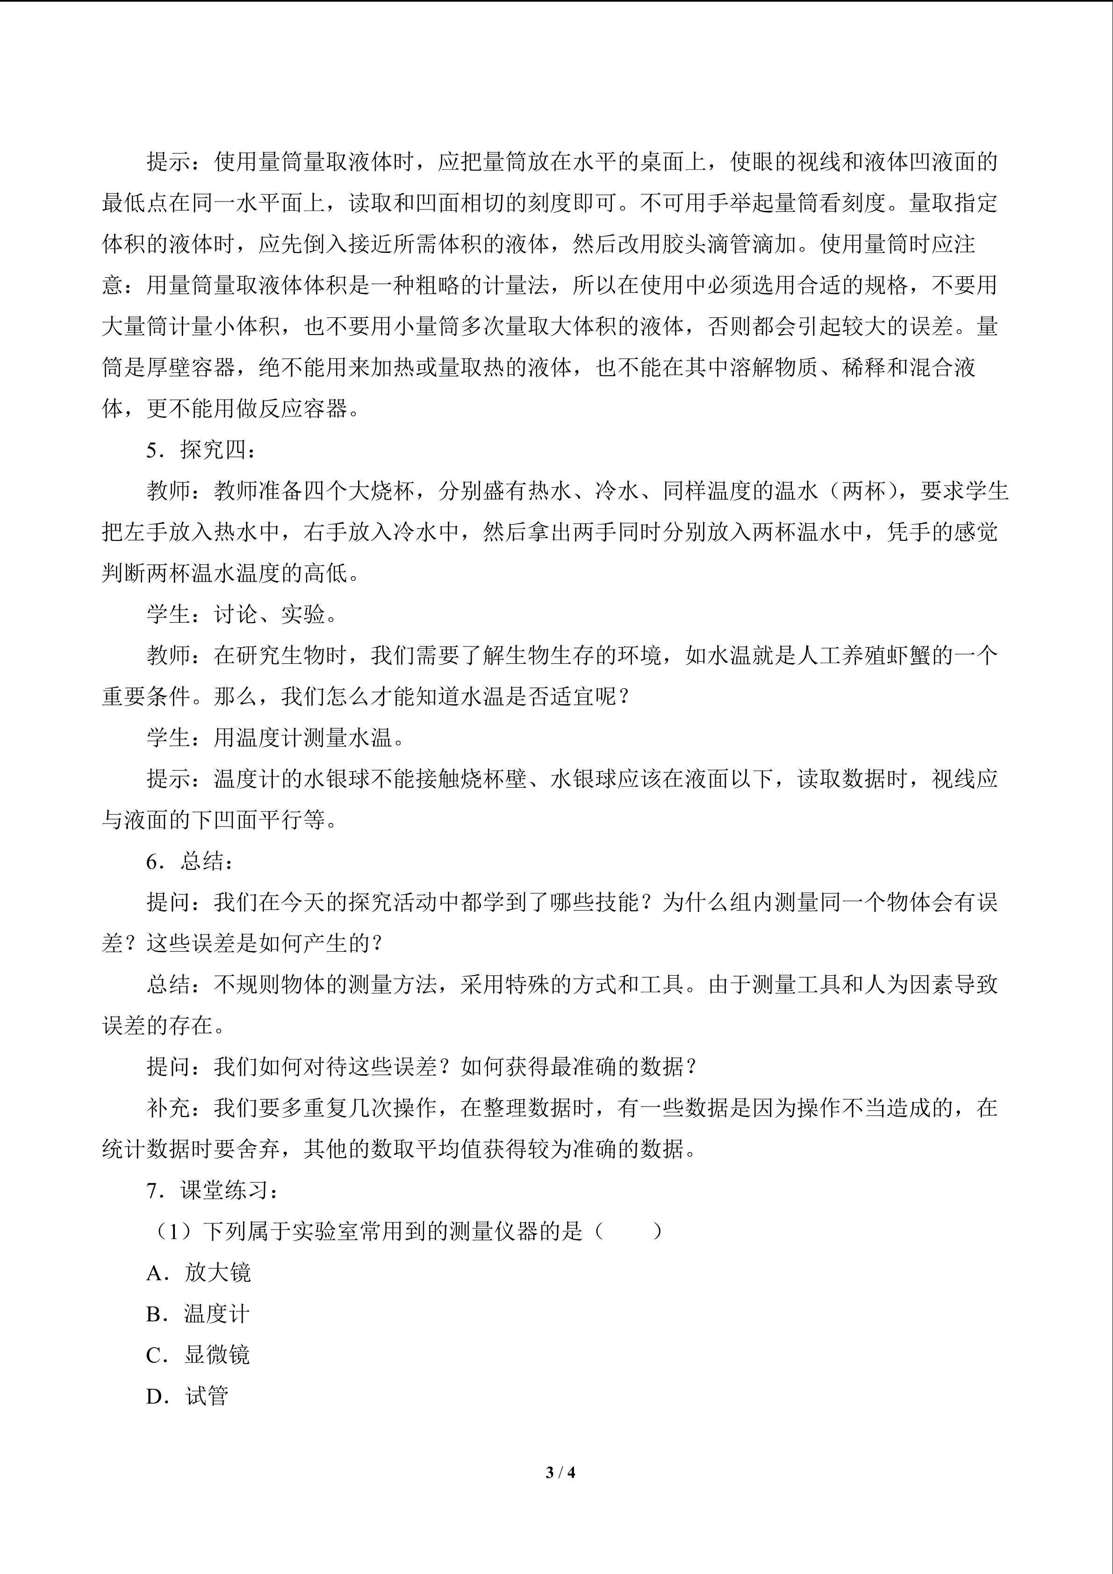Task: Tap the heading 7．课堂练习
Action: click(213, 1191)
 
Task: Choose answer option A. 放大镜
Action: click(199, 1273)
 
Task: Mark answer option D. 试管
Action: click(187, 1396)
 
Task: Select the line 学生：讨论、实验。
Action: click(243, 615)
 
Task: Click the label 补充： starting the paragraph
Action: click(180, 1108)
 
